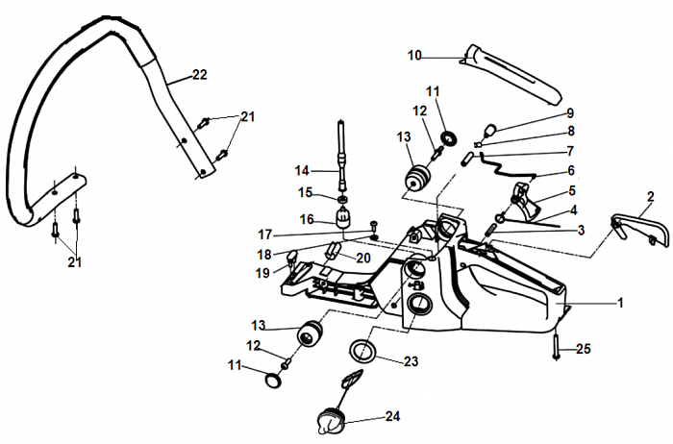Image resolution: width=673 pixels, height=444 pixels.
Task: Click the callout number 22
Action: coord(199,74)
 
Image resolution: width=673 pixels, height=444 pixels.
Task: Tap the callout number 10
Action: coord(414,56)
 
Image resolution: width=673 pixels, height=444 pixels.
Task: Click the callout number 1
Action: coord(620,303)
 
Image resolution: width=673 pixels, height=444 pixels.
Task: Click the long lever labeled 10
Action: coord(519,75)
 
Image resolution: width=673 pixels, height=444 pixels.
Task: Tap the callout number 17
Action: coord(265,234)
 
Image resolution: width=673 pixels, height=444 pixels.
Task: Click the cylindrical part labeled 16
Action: coord(343,215)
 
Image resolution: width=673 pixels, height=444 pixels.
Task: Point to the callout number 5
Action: coord(572,190)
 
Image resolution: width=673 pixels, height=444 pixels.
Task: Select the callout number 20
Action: coord(362,258)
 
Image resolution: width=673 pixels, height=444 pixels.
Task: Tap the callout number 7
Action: coord(570,150)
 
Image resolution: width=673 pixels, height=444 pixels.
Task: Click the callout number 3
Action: coord(580,230)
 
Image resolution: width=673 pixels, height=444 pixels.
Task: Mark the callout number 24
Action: coord(391,416)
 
